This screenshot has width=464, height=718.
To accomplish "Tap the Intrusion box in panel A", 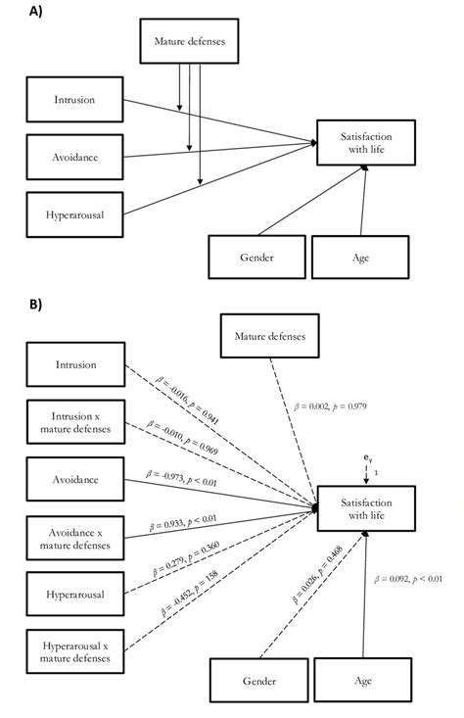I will pyautogui.click(x=73, y=100).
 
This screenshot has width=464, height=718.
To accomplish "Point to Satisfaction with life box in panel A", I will pyautogui.click(x=365, y=142).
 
